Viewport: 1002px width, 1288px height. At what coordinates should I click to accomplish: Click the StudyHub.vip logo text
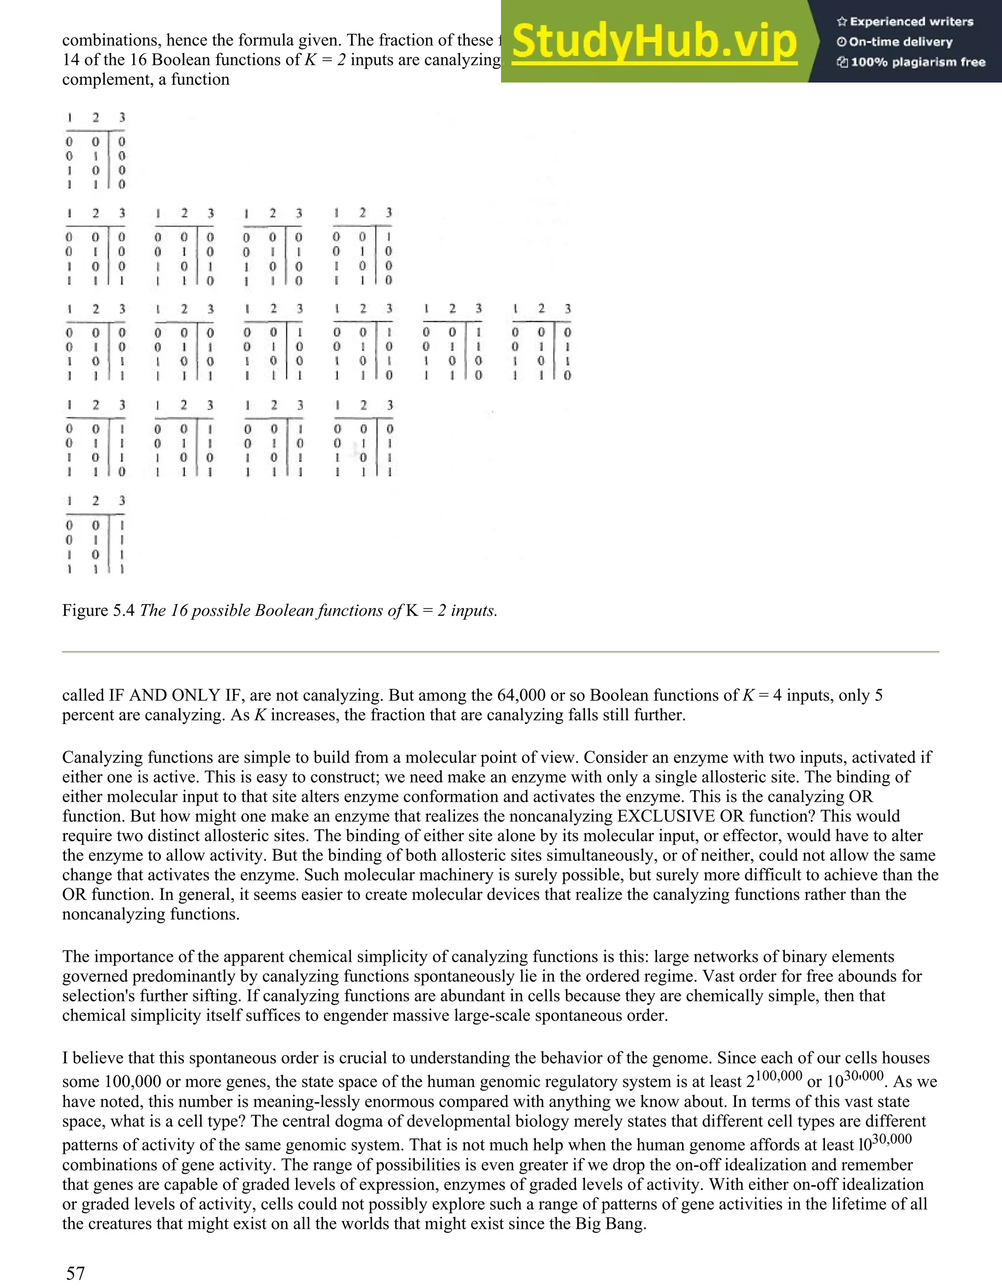tap(654, 41)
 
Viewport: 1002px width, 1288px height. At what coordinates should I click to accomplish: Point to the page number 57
tap(75, 1273)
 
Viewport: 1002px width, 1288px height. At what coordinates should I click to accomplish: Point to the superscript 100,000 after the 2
tap(778, 1076)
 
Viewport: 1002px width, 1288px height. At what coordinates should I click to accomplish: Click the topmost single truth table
tap(95, 151)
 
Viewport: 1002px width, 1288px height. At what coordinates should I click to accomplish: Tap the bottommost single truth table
tap(95, 535)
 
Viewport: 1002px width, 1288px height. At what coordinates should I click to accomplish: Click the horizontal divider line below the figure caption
tap(500, 652)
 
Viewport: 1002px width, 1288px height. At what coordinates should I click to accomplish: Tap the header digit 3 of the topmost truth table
tap(122, 117)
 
